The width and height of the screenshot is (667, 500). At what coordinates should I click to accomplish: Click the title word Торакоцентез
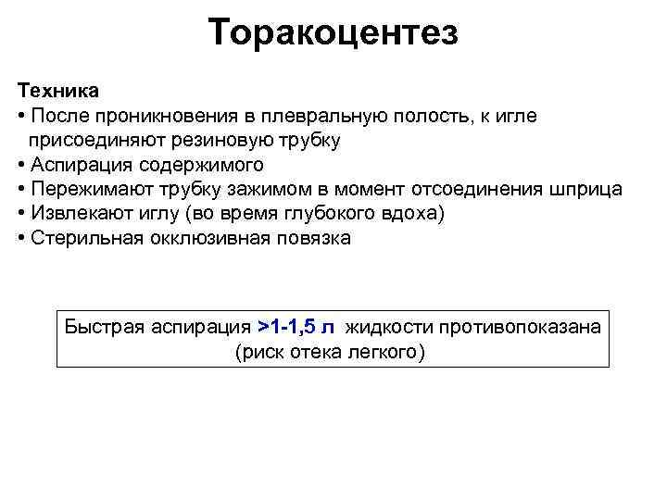point(333,33)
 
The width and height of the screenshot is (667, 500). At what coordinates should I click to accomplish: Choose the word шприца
point(584,189)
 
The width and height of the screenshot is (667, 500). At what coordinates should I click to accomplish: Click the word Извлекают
point(75,213)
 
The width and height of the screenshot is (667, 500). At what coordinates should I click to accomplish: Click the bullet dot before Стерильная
point(20,238)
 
